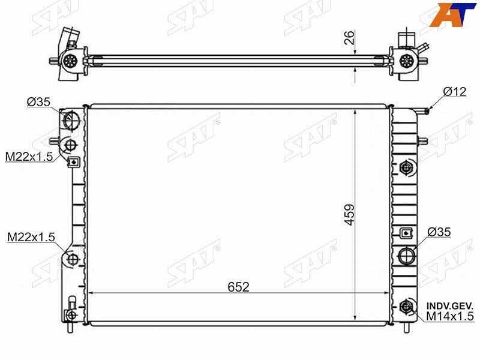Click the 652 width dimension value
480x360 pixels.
(238, 287)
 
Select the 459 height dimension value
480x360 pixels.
(349, 215)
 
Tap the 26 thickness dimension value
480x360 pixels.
(349, 37)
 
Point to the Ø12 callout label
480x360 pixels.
(455, 92)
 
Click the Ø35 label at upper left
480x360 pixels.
(38, 101)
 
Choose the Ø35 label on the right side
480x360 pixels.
(439, 232)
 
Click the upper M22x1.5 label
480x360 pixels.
(29, 157)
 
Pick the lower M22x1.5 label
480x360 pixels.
(31, 236)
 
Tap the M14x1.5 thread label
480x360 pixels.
(450, 316)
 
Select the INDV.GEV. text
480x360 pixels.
(450, 306)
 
